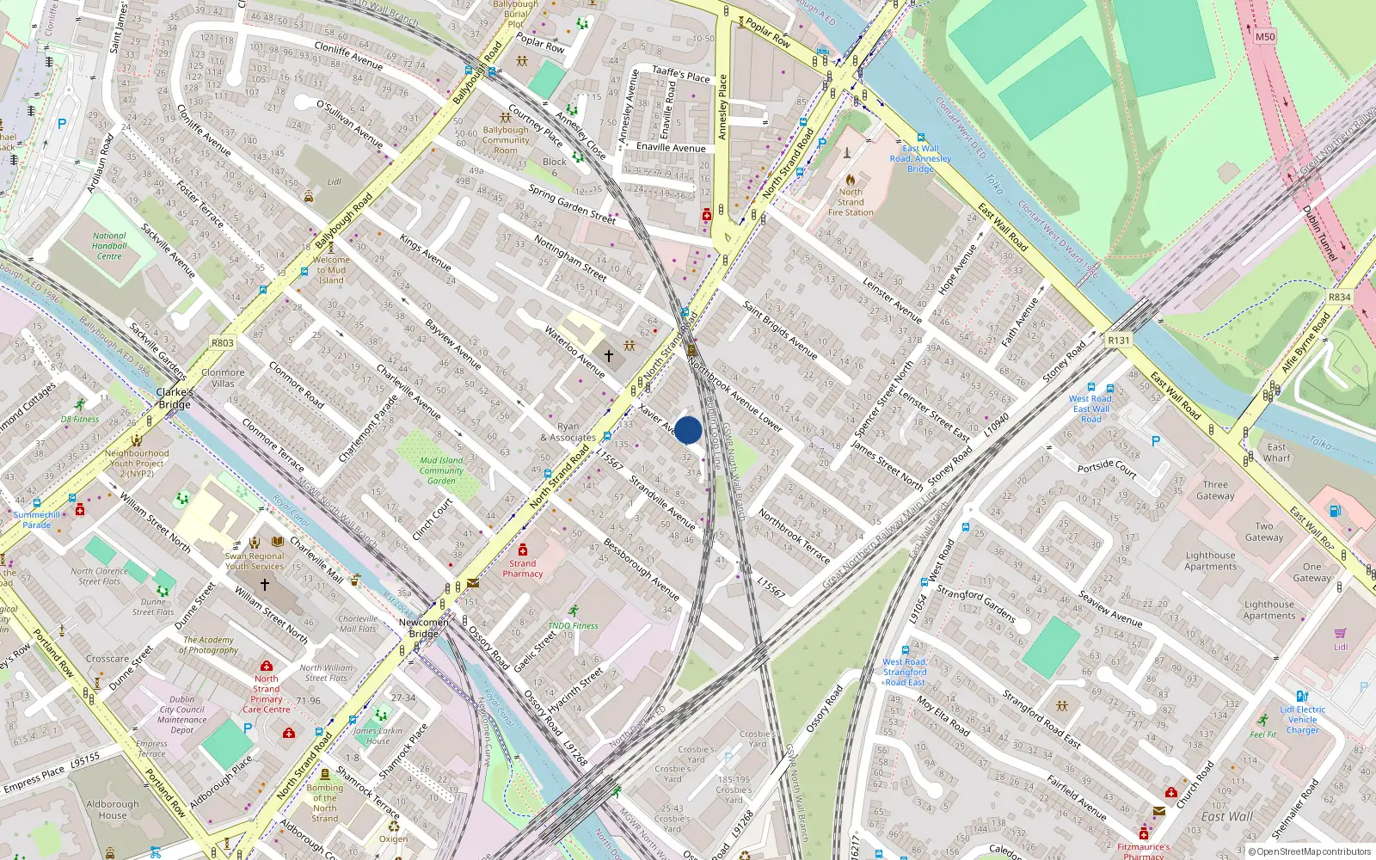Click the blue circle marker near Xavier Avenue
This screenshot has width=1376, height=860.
[x=688, y=430]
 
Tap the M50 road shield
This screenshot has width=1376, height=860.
[x=1265, y=37]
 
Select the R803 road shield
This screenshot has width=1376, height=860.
[x=223, y=342]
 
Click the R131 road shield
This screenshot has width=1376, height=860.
[x=1119, y=341]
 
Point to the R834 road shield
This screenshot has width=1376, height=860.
[x=1339, y=297]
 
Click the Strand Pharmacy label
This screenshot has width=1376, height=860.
[x=523, y=568]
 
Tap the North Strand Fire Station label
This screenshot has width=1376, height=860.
[x=851, y=202]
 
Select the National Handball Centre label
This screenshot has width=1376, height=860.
[x=109, y=246]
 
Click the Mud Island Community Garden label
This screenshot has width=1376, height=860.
[x=441, y=470]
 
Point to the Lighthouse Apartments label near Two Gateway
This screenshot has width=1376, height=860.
[x=1210, y=561]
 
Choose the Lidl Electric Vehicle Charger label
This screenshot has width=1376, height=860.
[x=1302, y=720]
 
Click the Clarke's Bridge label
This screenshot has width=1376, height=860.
[x=175, y=398]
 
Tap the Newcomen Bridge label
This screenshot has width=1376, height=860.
[x=423, y=628]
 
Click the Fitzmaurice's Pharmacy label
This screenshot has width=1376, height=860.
[x=1143, y=851]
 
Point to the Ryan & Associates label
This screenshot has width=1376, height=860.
[x=568, y=432]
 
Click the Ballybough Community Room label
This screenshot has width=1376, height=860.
[x=506, y=140]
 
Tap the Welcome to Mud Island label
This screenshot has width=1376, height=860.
[x=331, y=270]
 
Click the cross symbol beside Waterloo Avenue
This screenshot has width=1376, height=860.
[x=609, y=355]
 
